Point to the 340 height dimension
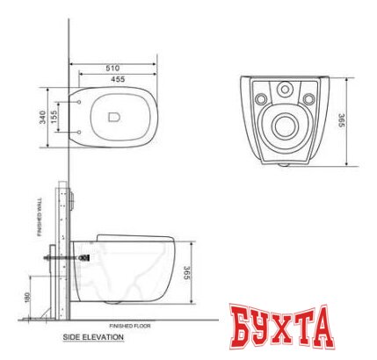(x=43, y=117)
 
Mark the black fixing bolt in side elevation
(x=84, y=257)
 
